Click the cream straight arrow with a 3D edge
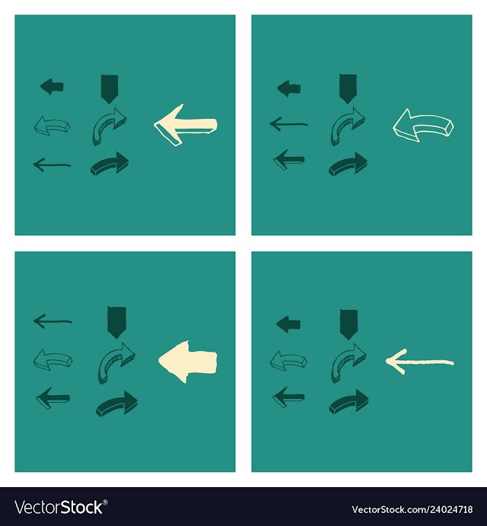pos(186,125)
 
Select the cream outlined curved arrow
pos(423,124)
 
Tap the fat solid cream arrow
pos(188,362)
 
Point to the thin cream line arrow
pos(419,362)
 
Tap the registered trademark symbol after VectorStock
pos(105,502)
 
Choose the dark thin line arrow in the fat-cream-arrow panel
pos(53,321)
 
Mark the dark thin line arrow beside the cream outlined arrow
pos(289,124)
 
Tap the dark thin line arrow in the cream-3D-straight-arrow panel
pos(52,164)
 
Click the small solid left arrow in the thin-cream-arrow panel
pos(288,324)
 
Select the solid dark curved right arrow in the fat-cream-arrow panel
pos(116,403)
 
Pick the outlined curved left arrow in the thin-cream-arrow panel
pos(288,361)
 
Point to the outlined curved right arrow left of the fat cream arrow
pos(116,362)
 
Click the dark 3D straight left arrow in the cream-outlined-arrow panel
pos(289,160)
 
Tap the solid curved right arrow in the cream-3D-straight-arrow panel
pos(110,164)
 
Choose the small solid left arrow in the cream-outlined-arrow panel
pos(289,88)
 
